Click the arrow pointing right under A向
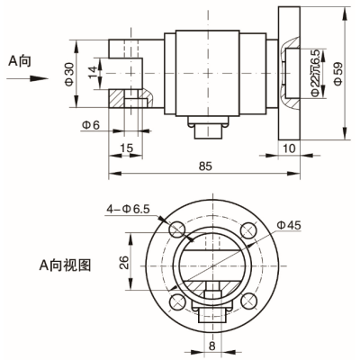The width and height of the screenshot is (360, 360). pyautogui.click(x=24, y=78)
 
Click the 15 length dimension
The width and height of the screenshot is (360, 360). pyautogui.click(x=126, y=147)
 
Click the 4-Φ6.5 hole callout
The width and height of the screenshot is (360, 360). pyautogui.click(x=128, y=208)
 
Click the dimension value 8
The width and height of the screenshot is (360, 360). pyautogui.click(x=212, y=343)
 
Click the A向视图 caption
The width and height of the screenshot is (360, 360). pyautogui.click(x=64, y=265)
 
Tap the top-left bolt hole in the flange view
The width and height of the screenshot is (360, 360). pyautogui.click(x=176, y=226)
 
